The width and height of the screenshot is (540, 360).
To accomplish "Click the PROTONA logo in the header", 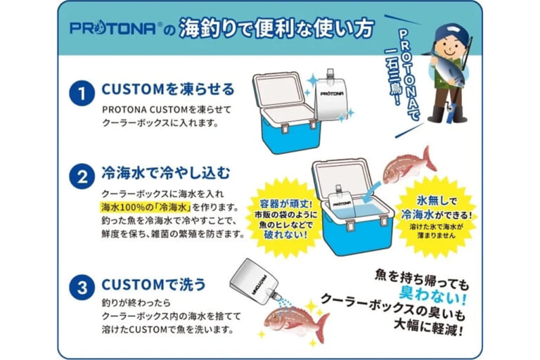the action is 115,28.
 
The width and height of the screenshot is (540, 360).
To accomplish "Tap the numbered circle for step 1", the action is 82,94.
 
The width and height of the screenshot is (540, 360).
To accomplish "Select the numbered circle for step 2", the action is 82,176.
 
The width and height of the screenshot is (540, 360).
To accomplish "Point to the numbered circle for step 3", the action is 82,287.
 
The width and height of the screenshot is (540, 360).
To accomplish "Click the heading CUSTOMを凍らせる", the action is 168,89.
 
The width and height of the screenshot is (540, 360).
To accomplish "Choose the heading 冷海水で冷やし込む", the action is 165,173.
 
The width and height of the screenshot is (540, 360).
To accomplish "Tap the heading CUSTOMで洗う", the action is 153,285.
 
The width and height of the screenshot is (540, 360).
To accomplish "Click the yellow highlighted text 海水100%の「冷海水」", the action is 146,207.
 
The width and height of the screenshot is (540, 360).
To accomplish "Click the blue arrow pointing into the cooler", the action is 373,192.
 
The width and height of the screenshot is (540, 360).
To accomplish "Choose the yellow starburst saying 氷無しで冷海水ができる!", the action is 436,217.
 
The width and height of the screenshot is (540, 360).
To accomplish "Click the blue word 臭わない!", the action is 432,295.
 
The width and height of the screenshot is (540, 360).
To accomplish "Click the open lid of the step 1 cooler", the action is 279,90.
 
